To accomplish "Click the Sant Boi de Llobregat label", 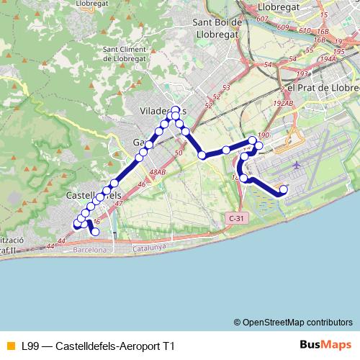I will pyautogui.click(x=220, y=27).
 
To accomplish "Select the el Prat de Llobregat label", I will pyautogui.click(x=323, y=87).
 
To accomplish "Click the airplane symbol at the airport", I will pyautogui.click(x=297, y=165).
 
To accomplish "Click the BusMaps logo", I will pyautogui.click(x=323, y=346).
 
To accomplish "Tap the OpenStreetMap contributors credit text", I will pyautogui.click(x=298, y=322).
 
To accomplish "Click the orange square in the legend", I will pyautogui.click(x=10, y=346).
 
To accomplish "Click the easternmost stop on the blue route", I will pyautogui.click(x=283, y=190).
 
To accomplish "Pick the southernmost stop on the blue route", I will pyautogui.click(x=95, y=232).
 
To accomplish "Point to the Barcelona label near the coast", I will pyautogui.click(x=90, y=250).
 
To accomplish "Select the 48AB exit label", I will pyautogui.click(x=158, y=172).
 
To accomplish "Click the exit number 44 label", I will pyautogui.click(x=50, y=247).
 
